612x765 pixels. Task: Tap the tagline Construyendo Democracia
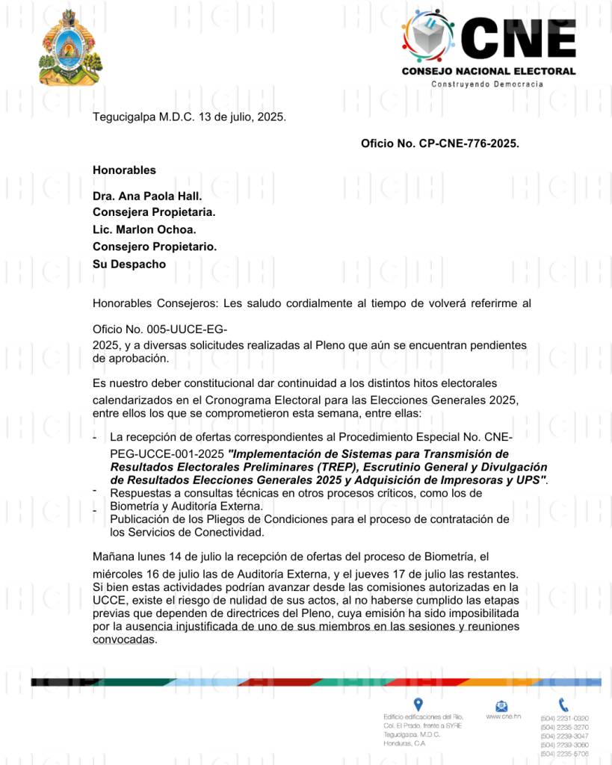[x=487, y=84]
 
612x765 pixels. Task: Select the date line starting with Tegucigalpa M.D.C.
[x=189, y=117]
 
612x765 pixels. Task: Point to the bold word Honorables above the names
[x=124, y=170]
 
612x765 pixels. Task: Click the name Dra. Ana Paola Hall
[x=147, y=196]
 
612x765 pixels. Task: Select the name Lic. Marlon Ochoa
[x=144, y=229]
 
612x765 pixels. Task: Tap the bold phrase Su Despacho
[x=129, y=264]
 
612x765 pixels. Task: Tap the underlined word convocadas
[x=124, y=639]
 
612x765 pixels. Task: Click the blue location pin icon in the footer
[x=418, y=704]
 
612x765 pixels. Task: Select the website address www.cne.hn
[x=503, y=716]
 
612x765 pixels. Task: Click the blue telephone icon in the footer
[x=563, y=704]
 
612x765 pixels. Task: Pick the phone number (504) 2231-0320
[x=564, y=718]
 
